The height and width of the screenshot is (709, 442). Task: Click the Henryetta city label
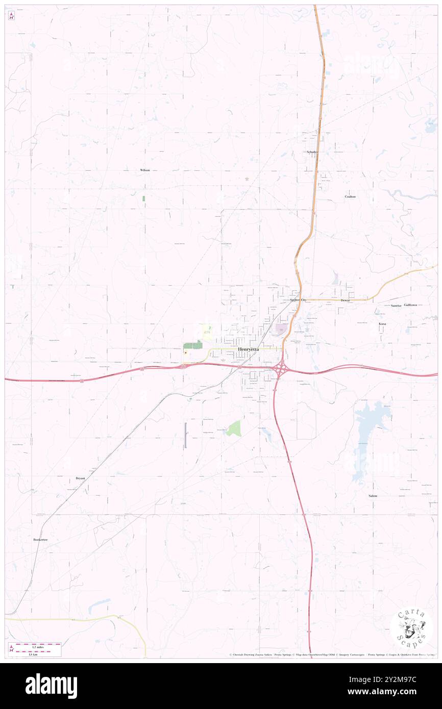[249, 349]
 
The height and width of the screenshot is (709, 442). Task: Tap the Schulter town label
[312, 152]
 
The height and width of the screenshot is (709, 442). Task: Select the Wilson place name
[145, 170]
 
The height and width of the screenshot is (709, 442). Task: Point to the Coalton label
[350, 196]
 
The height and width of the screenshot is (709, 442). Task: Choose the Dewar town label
[346, 300]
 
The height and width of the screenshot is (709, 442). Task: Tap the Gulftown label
[410, 305]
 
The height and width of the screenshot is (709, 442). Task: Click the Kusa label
[382, 324]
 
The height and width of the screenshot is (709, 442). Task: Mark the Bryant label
[80, 478]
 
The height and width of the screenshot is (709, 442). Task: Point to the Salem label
[373, 496]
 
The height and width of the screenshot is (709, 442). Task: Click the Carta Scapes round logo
[411, 628]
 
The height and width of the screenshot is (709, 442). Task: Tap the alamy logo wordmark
[51, 686]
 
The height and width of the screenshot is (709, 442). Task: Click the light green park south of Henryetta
[234, 428]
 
